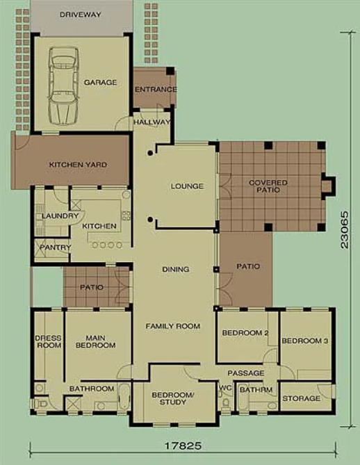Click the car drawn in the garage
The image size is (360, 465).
(x=64, y=86)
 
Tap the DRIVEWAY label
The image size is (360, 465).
(x=81, y=15)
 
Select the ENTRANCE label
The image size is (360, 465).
(x=156, y=89)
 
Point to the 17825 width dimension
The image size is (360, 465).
(x=183, y=446)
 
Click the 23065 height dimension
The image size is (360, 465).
(x=345, y=229)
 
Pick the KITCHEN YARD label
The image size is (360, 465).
(x=78, y=165)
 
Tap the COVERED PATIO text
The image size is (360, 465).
(x=268, y=186)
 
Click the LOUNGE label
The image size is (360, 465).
(x=187, y=186)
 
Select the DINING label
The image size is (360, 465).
(x=176, y=269)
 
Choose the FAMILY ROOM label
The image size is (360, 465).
(x=173, y=326)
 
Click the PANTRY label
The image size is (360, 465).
(x=56, y=247)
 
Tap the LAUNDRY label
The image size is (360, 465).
(x=60, y=216)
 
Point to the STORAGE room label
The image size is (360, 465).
(x=302, y=398)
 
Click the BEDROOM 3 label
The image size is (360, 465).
(x=305, y=341)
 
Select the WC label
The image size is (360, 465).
(x=225, y=388)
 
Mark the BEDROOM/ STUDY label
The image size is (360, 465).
(x=172, y=398)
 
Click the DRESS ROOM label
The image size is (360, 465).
(x=48, y=342)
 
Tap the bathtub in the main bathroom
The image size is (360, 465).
(x=124, y=397)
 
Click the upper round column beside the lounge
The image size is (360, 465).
(x=150, y=153)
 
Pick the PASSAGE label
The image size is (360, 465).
(x=246, y=373)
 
